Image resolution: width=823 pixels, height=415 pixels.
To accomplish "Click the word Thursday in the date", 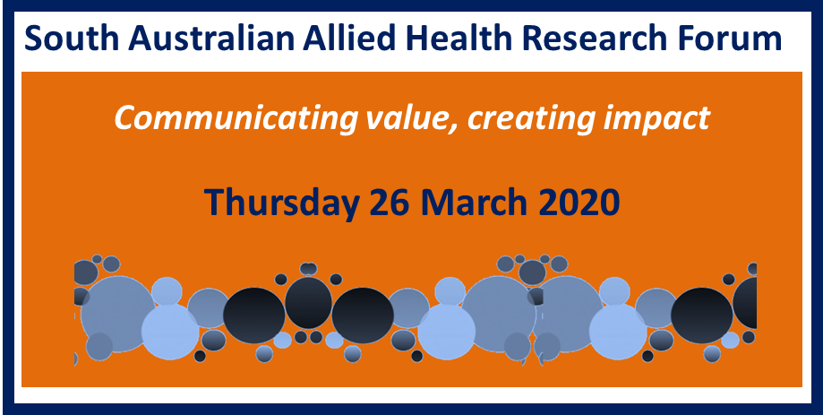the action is pos(283,203).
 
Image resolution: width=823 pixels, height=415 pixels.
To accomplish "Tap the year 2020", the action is pos(579,202).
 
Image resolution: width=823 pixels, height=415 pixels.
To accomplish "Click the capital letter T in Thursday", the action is pos(215,202).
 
